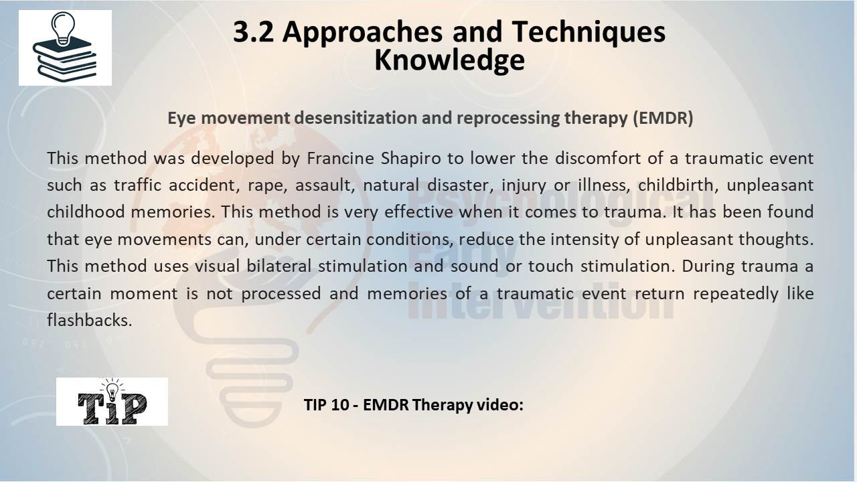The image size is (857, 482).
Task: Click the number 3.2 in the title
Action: pos(254,31)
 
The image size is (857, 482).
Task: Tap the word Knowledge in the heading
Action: pos(449,61)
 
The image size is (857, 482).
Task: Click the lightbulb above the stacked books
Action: pos(63,28)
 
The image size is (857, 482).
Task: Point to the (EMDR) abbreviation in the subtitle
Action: pos(663,118)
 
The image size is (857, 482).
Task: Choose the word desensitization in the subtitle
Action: pos(356,118)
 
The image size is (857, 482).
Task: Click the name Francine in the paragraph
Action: pos(341,159)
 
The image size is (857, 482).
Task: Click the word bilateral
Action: pos(279,266)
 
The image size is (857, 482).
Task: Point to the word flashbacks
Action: pos(90,320)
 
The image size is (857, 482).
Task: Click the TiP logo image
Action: pos(112,402)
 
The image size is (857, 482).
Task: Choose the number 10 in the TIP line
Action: pos(340,405)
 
